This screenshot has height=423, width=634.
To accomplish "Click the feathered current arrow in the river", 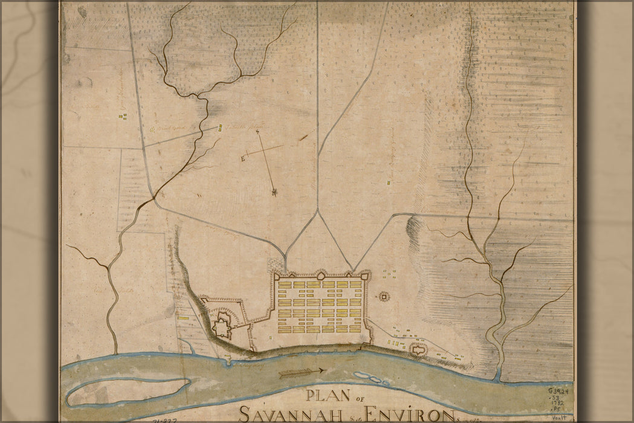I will pos(303,373).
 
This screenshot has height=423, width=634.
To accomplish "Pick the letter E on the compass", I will pos(243,159).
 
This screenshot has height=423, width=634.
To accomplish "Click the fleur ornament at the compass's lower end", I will pos(275,193).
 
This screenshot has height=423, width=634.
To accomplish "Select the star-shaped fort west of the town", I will pos(222,326).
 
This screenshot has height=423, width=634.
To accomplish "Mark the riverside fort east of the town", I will pos(417,349).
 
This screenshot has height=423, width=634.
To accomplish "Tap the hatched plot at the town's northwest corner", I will pos(276,265).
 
